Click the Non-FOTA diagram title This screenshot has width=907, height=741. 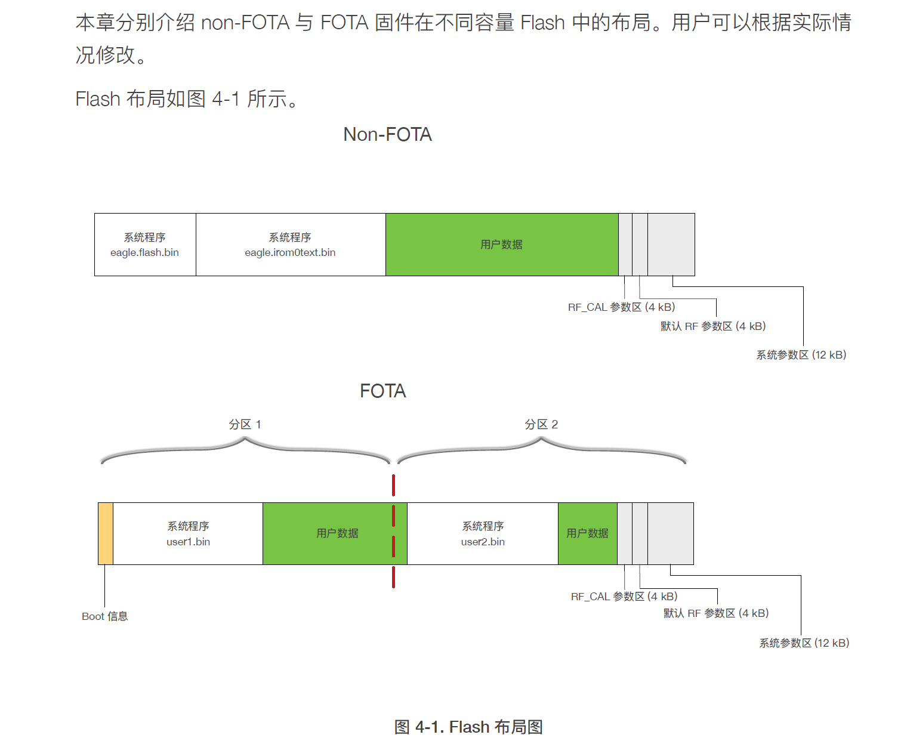click(x=387, y=135)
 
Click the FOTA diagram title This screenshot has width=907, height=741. click(x=382, y=391)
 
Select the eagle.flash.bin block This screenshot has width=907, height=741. click(x=145, y=245)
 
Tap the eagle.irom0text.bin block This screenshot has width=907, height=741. click(x=291, y=245)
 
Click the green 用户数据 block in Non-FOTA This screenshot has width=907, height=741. click(x=501, y=245)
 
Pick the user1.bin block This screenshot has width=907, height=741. click(x=188, y=533)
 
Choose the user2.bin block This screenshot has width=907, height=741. click(x=483, y=533)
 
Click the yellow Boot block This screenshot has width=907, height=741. click(x=106, y=533)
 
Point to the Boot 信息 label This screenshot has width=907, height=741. click(x=105, y=616)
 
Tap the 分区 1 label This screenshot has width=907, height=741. click(x=245, y=424)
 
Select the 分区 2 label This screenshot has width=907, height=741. click(x=541, y=424)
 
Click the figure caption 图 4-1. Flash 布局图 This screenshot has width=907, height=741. click(x=468, y=727)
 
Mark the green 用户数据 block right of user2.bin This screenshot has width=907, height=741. click(x=587, y=533)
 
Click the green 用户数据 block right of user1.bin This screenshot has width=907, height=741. click(x=334, y=533)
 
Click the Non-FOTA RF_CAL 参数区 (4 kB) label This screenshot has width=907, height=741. click(x=621, y=307)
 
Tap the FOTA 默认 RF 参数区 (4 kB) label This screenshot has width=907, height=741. click(x=716, y=613)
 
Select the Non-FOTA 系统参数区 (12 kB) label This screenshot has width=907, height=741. click(x=801, y=355)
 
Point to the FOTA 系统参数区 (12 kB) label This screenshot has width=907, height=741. click(x=804, y=643)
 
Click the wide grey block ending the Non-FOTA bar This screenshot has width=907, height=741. click(x=671, y=245)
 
